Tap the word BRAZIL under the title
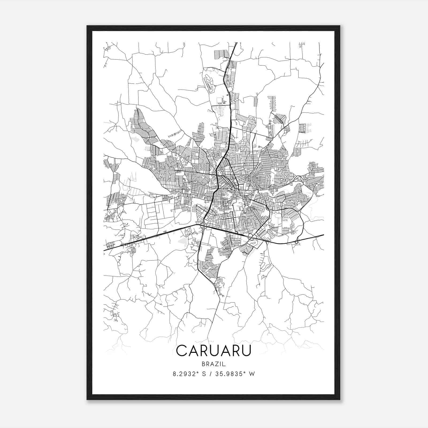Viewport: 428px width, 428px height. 214,364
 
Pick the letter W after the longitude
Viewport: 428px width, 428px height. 252,374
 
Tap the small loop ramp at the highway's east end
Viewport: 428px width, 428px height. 296,242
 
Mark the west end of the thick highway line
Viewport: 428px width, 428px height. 104,250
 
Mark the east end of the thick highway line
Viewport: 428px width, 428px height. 324,235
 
